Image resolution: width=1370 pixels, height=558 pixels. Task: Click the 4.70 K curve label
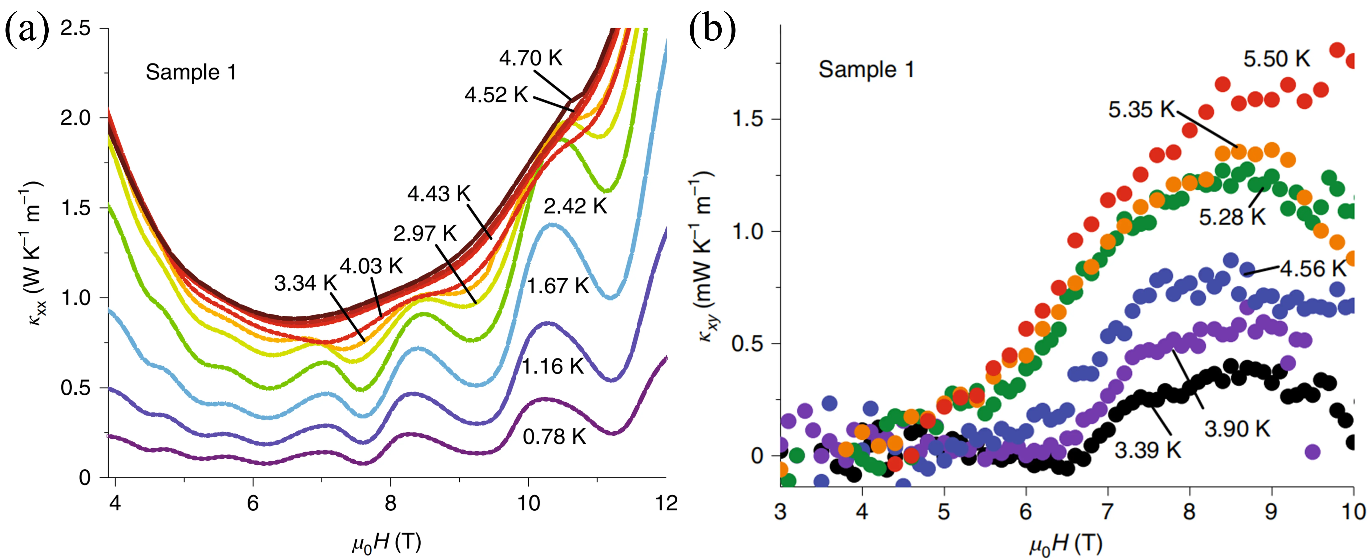530,58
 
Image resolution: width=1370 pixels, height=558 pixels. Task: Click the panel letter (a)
27,30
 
